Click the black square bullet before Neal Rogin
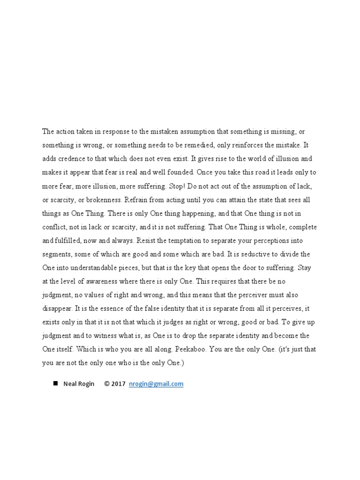pyautogui.click(x=55, y=383)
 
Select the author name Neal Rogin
pyautogui.click(x=79, y=384)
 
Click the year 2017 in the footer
pyautogui.click(x=118, y=384)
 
